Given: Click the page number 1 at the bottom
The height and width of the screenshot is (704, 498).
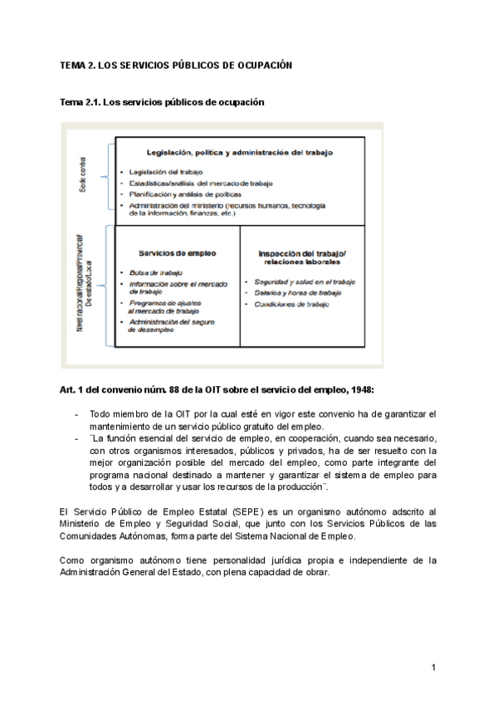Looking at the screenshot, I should [433, 667].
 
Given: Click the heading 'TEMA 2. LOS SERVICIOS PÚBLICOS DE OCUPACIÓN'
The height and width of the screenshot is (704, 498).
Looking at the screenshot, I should [177, 64].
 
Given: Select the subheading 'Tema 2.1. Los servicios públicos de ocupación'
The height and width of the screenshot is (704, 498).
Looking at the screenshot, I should [162, 102].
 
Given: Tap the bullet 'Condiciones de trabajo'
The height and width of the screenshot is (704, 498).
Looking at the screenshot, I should [286, 305].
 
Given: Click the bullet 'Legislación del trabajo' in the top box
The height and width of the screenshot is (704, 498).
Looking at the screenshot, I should [160, 171].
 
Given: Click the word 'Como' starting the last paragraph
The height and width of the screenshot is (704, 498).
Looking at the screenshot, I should [73, 560].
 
